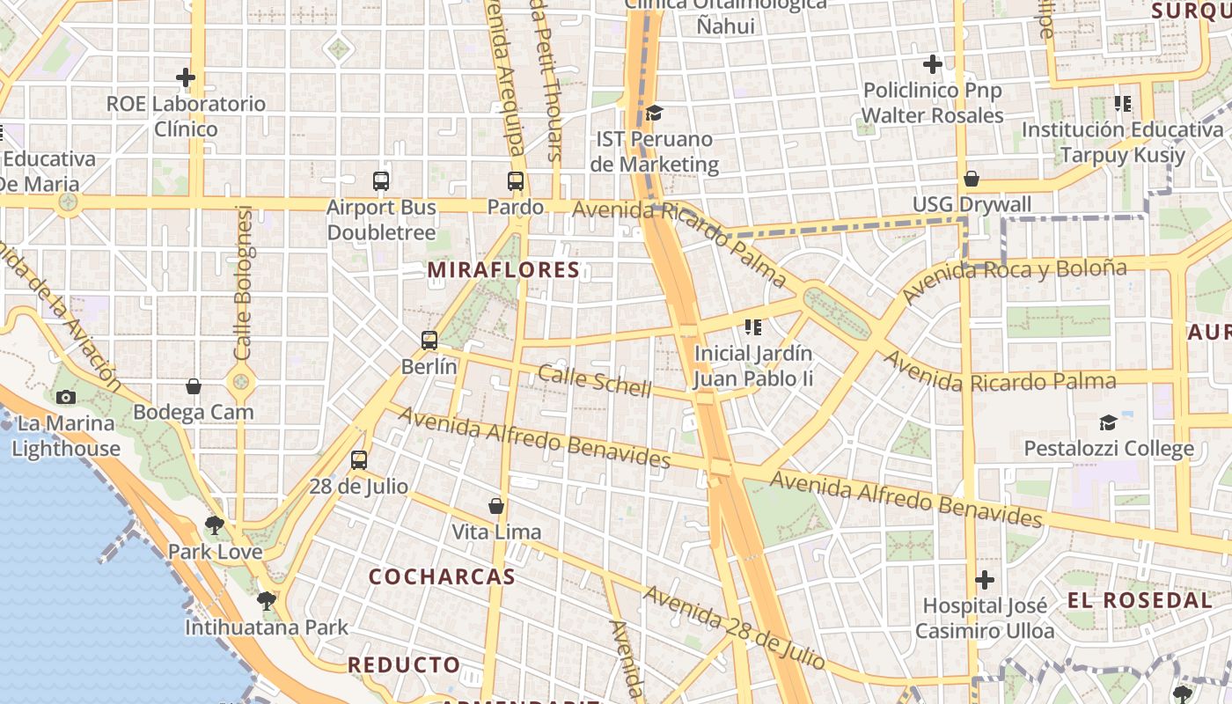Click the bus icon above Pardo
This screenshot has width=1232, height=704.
(516, 182)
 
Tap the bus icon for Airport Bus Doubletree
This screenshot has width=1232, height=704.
(381, 181)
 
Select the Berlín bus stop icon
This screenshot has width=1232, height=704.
(429, 341)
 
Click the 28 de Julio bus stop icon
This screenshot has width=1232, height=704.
(359, 460)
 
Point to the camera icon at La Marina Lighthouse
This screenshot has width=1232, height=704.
(66, 398)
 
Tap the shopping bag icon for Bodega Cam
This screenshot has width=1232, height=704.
(194, 386)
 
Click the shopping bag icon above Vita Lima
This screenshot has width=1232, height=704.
(496, 506)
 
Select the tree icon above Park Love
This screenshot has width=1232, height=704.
(214, 526)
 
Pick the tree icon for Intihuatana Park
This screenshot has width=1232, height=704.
(266, 602)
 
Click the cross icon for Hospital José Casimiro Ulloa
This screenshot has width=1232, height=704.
(985, 580)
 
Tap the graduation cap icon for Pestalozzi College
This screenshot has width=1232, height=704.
(1108, 423)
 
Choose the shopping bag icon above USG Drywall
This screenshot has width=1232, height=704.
(972, 180)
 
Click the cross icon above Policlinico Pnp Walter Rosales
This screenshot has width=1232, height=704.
(933, 64)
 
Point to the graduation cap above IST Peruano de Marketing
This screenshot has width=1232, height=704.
(654, 114)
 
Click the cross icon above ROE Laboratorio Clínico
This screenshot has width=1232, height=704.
(186, 77)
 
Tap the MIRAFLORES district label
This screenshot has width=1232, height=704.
(504, 270)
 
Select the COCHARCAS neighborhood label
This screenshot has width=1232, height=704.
(442, 577)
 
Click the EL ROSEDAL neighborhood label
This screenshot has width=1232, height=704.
(1140, 601)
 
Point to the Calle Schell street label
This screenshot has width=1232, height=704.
(595, 380)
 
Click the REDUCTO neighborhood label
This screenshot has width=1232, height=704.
(404, 665)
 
